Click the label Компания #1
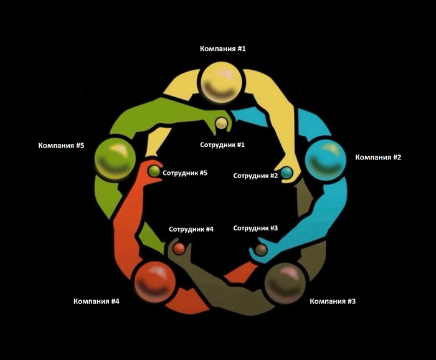coord(223,49)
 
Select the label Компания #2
coord(378,157)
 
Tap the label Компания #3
coord(333,301)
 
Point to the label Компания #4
coord(96,301)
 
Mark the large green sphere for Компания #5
coord(115,159)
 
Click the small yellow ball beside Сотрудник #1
coord(221,124)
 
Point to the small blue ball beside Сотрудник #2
coord(287,172)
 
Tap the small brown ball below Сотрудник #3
coord(262,249)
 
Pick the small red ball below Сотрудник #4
coord(179,249)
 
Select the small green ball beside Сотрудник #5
coord(154,171)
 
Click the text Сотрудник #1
coord(222,144)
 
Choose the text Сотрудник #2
coord(255,176)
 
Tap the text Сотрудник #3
coord(255,228)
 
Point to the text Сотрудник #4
coord(191,229)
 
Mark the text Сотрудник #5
coord(184,173)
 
